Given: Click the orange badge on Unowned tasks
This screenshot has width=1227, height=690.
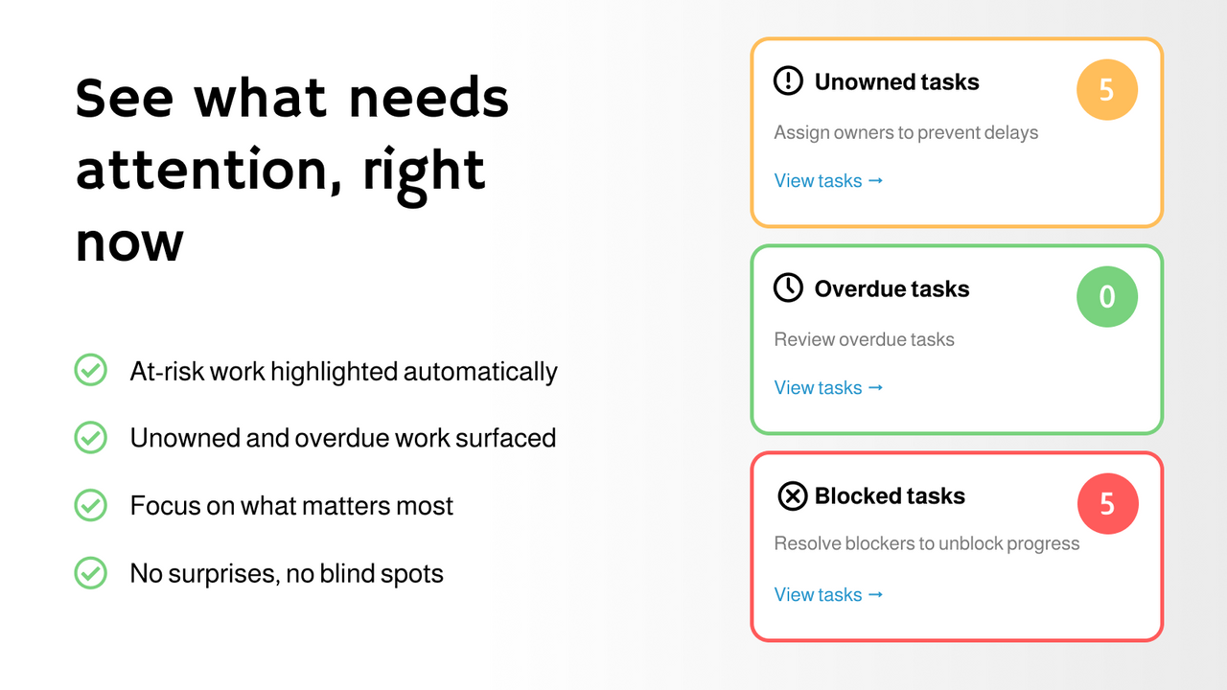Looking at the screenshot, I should tap(1106, 90).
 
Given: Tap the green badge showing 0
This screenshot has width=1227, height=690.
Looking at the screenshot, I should tap(1106, 297).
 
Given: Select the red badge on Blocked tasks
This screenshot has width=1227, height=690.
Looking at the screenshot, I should tap(1106, 504).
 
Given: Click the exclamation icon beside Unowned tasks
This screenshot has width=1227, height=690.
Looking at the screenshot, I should tap(788, 81).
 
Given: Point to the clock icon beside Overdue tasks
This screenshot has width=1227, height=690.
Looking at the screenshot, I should tap(788, 288).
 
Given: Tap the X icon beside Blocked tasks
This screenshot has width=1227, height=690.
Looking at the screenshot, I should tap(792, 496).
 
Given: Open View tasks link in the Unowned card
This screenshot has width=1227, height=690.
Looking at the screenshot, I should tap(828, 181).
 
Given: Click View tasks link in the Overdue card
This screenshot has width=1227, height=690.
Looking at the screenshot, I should tap(828, 388).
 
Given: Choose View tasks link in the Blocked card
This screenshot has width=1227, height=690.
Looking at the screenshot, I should tap(828, 595).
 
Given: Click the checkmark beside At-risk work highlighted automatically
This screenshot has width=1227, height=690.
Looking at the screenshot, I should tap(90, 371).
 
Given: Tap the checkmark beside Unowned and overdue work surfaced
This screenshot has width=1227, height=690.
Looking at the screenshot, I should tap(90, 438).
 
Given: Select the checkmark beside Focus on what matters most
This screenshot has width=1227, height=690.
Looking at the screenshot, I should tap(90, 505).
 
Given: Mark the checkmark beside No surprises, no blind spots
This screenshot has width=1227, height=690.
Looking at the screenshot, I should tap(90, 573).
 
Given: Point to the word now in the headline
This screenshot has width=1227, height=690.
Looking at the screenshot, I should tap(129, 243).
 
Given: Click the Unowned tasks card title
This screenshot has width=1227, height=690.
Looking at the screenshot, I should tap(896, 82).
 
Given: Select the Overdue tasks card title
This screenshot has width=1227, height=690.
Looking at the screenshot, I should tap(891, 289).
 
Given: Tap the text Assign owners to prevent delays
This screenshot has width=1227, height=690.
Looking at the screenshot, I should tap(906, 133).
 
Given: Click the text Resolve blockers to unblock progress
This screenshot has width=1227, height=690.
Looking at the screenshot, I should tap(926, 544).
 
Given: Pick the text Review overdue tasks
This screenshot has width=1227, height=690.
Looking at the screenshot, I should tap(864, 339).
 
